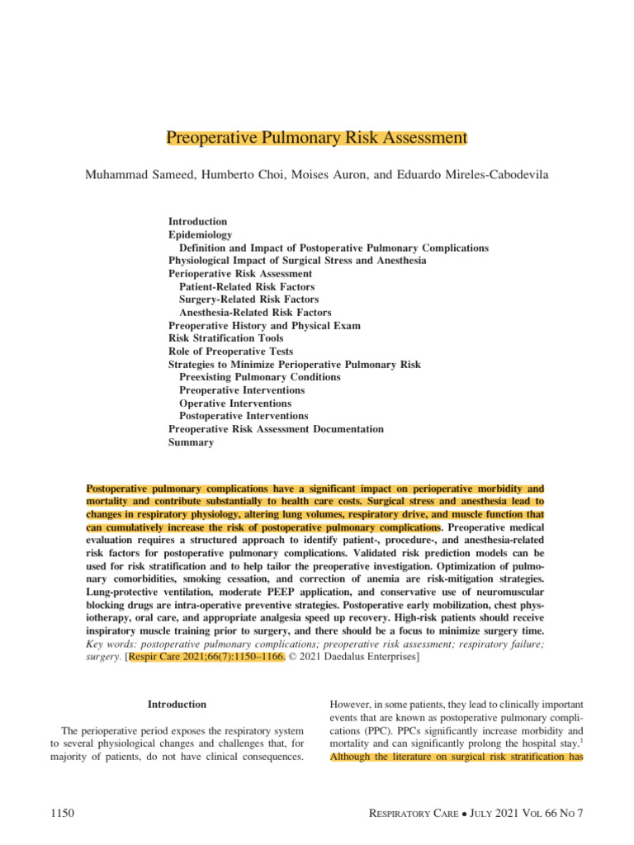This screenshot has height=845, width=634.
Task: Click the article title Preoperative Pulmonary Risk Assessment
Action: coord(317,137)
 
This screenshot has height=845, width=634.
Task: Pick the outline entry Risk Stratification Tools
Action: coord(225,338)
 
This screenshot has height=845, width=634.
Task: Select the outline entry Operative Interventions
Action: coord(234,404)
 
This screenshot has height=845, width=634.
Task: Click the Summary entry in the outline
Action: coord(191,442)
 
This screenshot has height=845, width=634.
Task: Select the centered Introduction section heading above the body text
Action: coord(177,705)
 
